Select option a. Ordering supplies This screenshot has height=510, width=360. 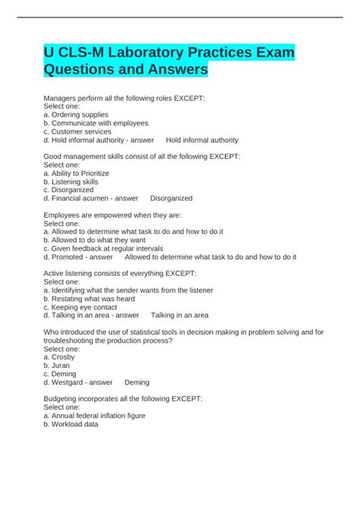(76, 115)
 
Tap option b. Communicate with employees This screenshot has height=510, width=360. (96, 123)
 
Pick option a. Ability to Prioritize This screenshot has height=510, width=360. (77, 173)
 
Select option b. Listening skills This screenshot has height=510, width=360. (71, 182)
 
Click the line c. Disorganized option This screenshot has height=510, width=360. (70, 190)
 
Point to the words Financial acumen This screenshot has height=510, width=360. (81, 198)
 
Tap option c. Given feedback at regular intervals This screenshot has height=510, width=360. (103, 249)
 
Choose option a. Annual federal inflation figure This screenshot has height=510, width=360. (94, 416)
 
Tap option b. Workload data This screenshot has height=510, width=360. (71, 424)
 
